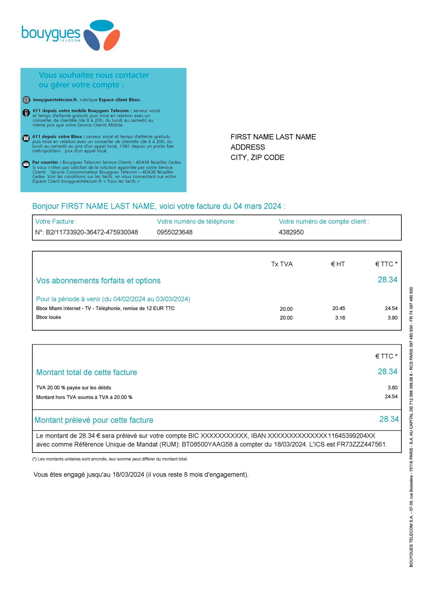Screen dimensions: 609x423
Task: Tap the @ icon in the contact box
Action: tap(26, 100)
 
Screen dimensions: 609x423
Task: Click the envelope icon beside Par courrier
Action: tap(26, 164)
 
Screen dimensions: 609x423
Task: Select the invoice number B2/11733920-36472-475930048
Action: tap(92, 232)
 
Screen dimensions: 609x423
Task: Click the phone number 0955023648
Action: tap(175, 232)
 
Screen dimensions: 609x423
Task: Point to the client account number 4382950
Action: tap(291, 232)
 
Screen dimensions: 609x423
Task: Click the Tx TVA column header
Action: tap(281, 264)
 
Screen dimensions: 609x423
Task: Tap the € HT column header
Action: tap(337, 264)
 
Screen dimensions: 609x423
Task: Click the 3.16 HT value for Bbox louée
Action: tap(340, 318)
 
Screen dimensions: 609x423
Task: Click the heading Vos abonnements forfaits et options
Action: tap(98, 281)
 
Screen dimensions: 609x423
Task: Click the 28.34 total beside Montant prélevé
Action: tap(389, 419)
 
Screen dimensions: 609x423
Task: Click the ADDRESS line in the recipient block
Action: tap(247, 147)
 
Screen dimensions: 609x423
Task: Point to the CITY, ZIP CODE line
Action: tap(257, 157)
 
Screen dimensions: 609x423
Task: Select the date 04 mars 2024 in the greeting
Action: tap(257, 206)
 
